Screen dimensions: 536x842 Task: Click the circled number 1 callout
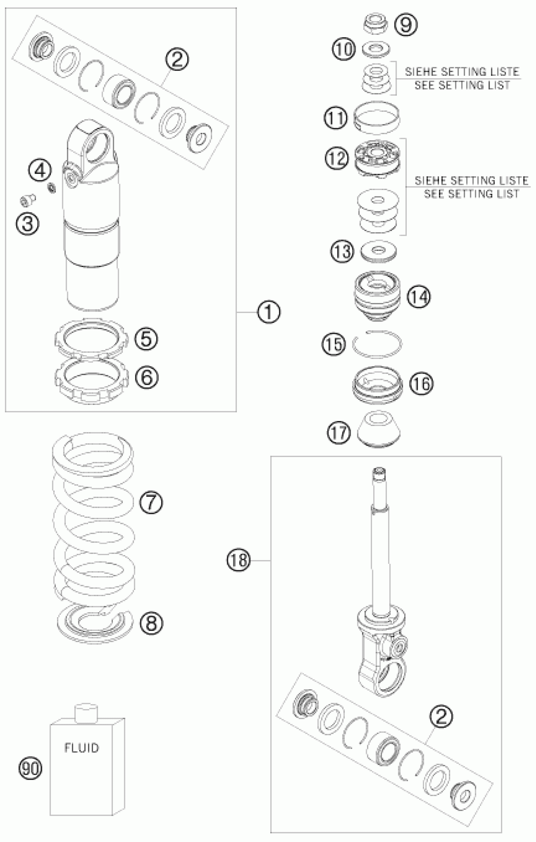pyautogui.click(x=269, y=312)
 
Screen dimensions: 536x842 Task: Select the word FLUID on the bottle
pyautogui.click(x=82, y=748)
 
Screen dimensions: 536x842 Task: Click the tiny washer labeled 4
pyautogui.click(x=52, y=188)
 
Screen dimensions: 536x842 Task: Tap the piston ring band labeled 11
pyautogui.click(x=377, y=118)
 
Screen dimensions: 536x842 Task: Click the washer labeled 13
pyautogui.click(x=378, y=251)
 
